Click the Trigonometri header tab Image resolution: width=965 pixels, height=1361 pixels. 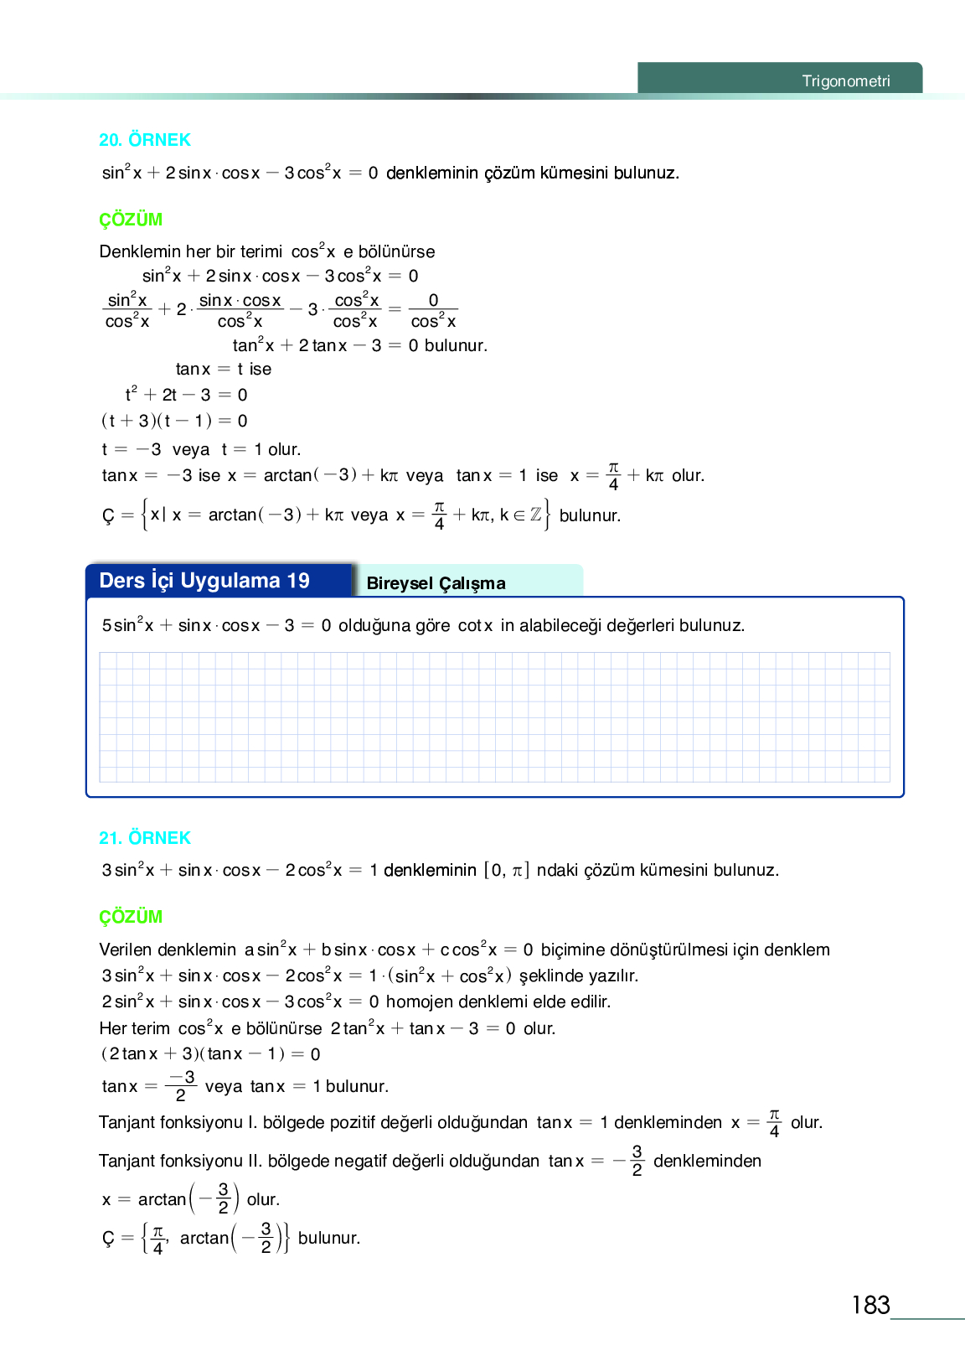[845, 81]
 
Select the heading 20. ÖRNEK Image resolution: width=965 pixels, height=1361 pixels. [144, 140]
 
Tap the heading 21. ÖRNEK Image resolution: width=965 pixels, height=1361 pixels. [144, 838]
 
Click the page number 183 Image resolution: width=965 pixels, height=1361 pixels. [870, 1305]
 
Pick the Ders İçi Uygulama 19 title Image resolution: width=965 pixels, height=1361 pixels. [204, 581]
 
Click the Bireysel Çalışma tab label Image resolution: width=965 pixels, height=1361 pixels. [436, 583]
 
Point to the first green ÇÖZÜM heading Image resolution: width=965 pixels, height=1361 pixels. [131, 220]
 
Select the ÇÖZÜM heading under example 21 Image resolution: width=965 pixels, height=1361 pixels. [131, 917]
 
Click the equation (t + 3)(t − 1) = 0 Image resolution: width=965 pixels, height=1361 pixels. [174, 421]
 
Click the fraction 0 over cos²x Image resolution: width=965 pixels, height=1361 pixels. [433, 311]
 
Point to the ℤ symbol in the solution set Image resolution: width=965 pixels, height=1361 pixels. [535, 515]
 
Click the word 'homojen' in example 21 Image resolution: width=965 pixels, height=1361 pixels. [415, 1001]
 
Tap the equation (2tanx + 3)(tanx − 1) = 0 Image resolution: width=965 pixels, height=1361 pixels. [210, 1054]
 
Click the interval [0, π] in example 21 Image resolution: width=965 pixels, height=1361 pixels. [507, 870]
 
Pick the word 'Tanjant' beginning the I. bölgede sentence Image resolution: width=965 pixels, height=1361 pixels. [127, 1122]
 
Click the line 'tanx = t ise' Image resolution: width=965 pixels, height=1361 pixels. [224, 369]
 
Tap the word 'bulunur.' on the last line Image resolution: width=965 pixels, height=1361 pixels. [329, 1238]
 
